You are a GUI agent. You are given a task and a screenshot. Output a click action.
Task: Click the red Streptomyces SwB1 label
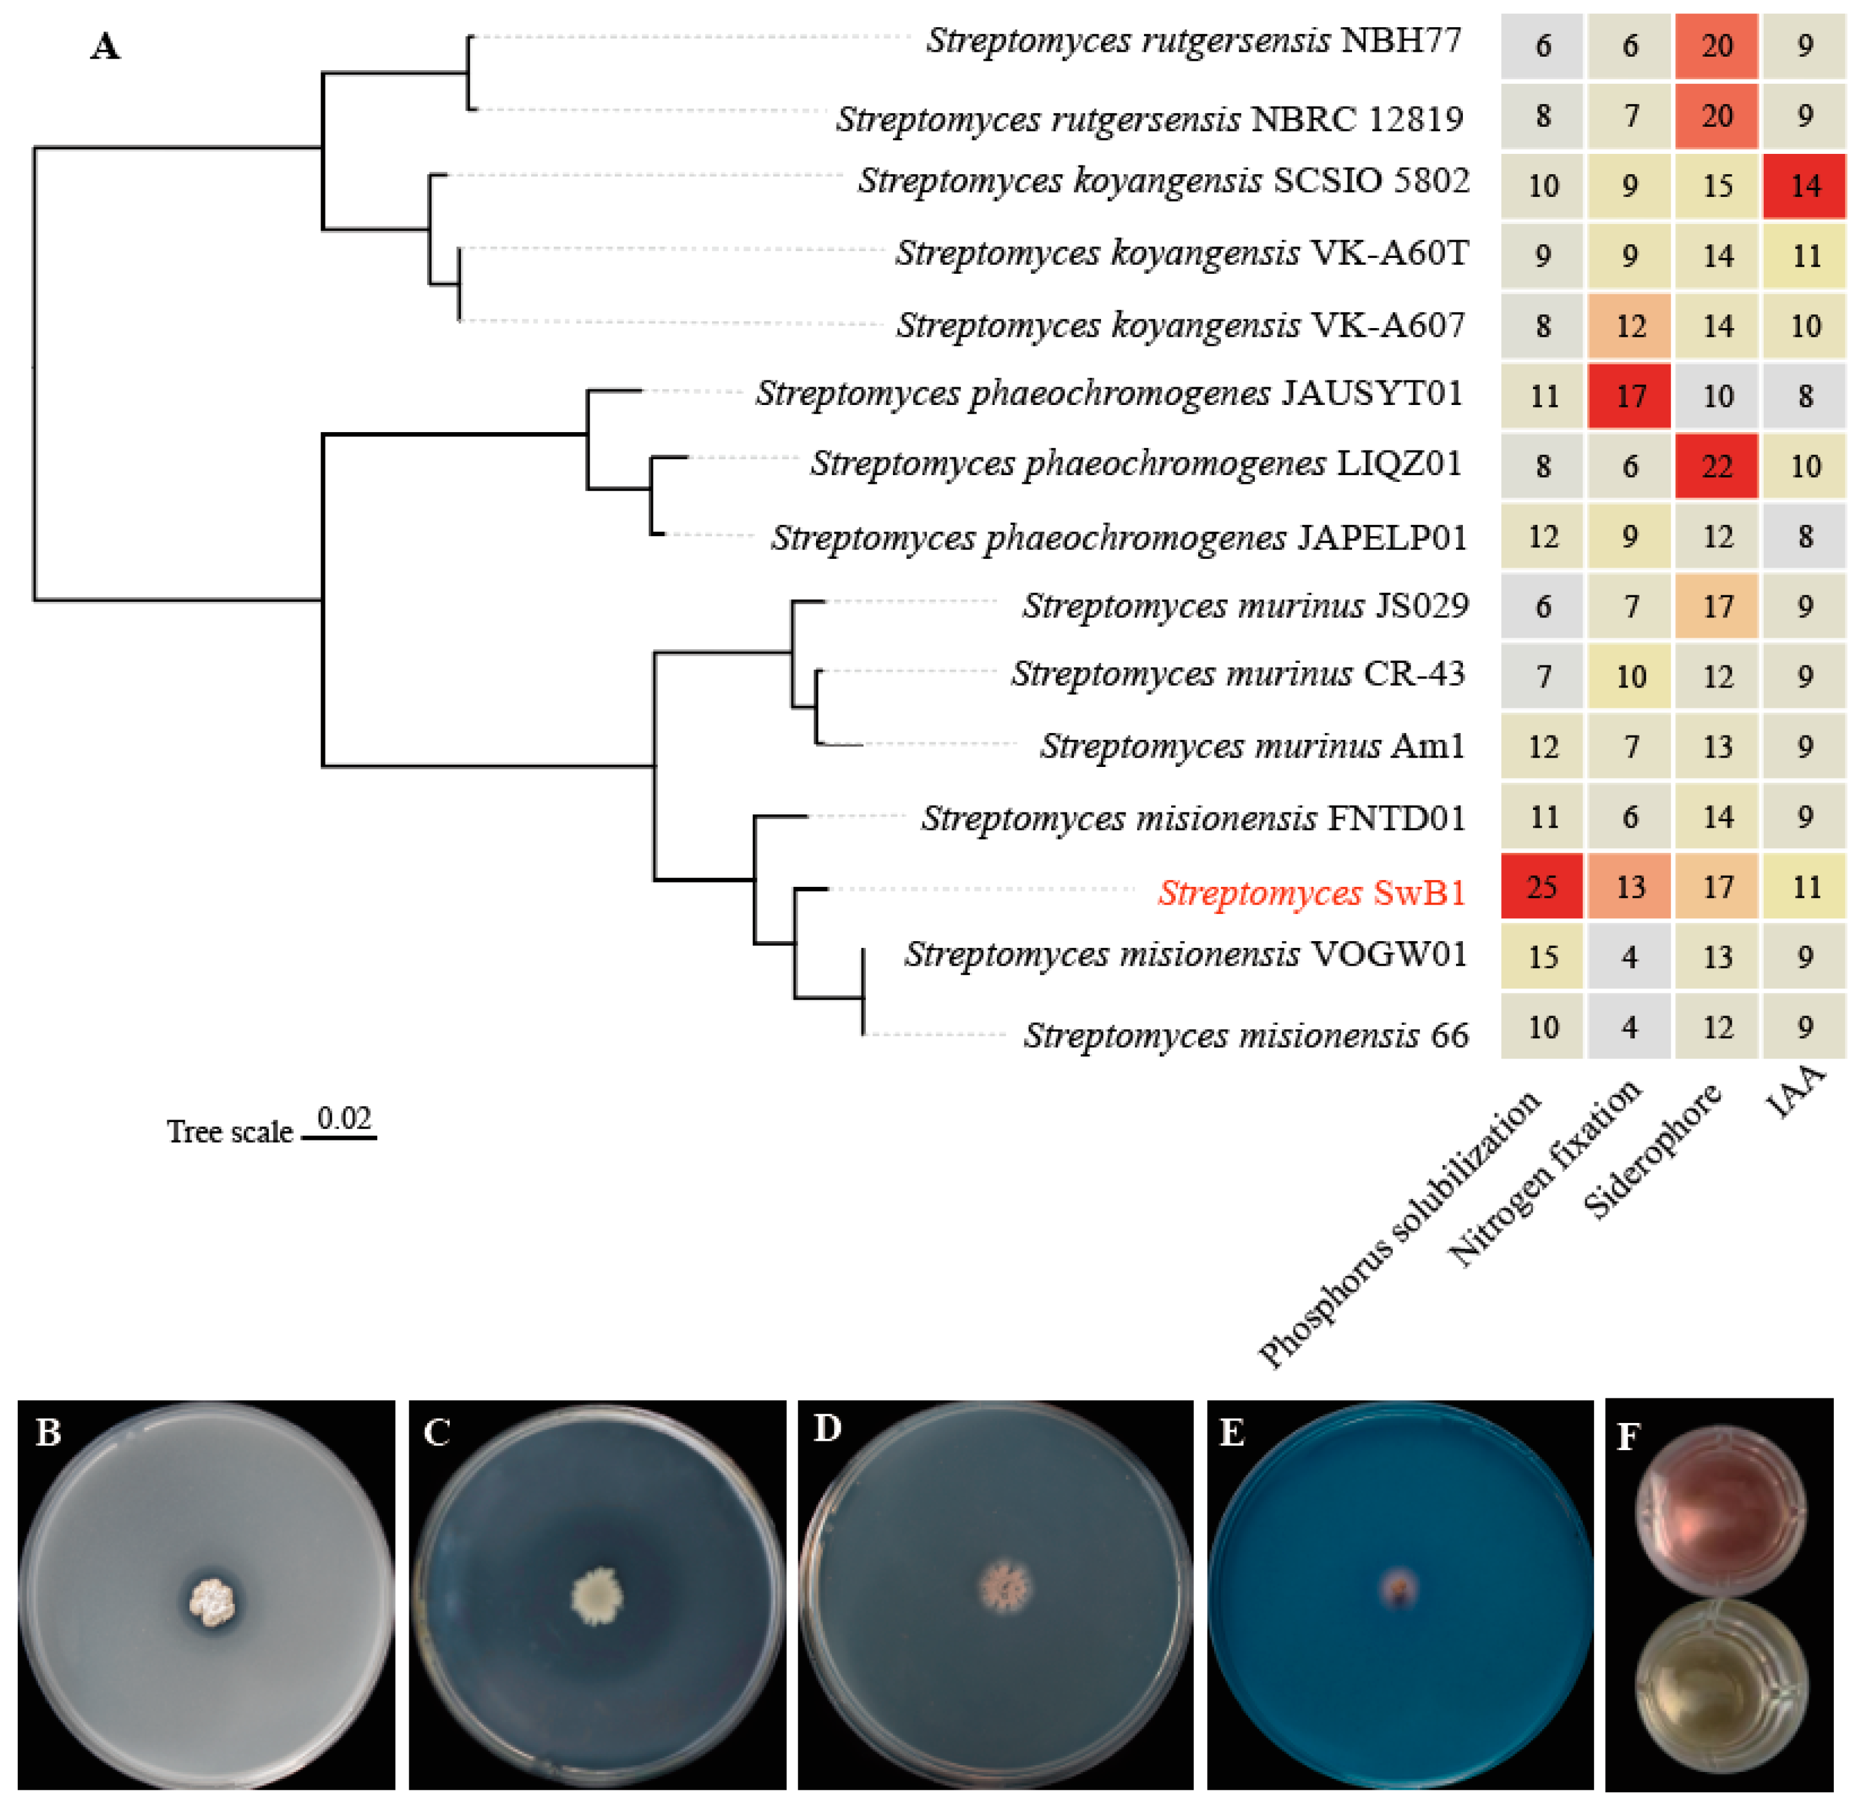(x=1311, y=892)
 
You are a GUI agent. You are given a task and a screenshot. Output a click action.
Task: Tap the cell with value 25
(x=1542, y=887)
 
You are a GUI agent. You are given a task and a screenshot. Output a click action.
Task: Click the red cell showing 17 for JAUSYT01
(x=1630, y=396)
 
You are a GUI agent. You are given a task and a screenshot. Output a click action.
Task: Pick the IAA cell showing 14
(x=1805, y=186)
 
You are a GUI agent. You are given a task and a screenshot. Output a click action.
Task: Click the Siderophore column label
(x=1652, y=1152)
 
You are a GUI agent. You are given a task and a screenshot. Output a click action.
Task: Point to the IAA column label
(x=1796, y=1092)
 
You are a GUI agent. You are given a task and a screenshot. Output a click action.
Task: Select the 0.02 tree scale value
(x=343, y=1117)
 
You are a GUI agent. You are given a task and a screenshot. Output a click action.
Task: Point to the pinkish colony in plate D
(x=1004, y=1587)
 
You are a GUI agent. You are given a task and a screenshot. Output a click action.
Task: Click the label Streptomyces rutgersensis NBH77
(x=1194, y=40)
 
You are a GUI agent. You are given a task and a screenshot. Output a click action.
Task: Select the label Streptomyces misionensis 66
(x=1246, y=1035)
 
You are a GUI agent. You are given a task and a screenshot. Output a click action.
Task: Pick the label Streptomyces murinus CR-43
(x=1237, y=674)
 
